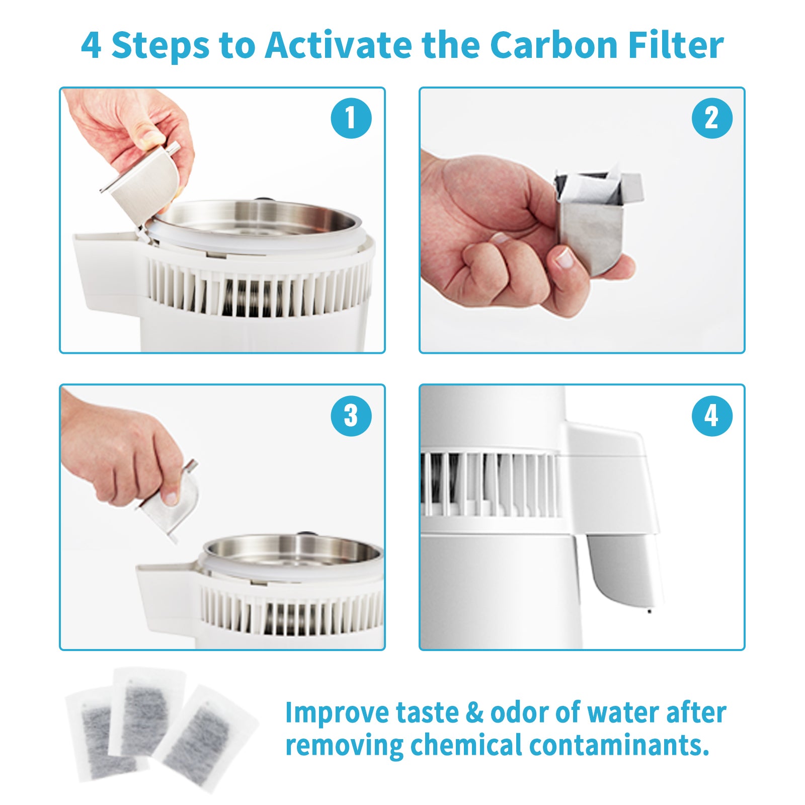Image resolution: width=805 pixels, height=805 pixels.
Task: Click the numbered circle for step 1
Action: click(x=351, y=119)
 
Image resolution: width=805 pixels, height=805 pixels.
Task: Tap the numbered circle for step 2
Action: click(x=712, y=119)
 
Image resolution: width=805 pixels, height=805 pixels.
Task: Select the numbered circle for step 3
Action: click(x=351, y=416)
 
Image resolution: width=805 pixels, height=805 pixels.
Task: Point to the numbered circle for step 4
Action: click(x=712, y=416)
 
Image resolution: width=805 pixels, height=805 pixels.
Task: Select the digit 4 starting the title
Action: click(x=91, y=46)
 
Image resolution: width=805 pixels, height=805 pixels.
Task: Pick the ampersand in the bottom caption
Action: click(x=474, y=713)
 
